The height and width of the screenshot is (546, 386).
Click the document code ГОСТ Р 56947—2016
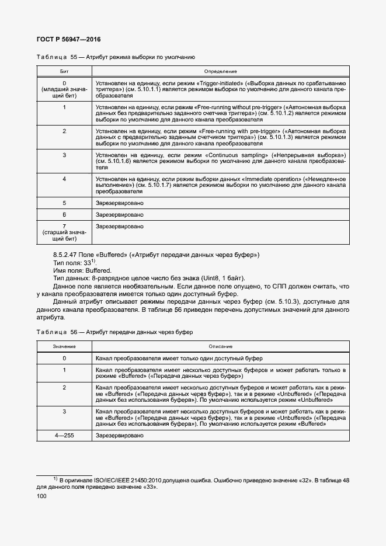pos(68,39)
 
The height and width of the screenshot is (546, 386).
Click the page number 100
pos(41,496)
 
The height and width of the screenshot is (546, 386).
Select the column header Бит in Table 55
pos(64,71)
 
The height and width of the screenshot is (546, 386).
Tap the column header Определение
pos(220,71)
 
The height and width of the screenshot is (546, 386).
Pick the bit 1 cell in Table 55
pos(64,107)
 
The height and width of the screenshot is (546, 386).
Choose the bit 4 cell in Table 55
pos(64,178)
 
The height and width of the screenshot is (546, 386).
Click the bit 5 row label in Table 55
pos(64,203)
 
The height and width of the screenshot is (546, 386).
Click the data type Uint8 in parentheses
pos(210,279)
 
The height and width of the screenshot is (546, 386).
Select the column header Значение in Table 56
pos(64,347)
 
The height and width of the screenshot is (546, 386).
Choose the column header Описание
pos(220,347)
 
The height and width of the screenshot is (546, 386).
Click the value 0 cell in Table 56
pos(64,358)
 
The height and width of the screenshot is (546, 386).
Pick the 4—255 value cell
pos(64,436)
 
